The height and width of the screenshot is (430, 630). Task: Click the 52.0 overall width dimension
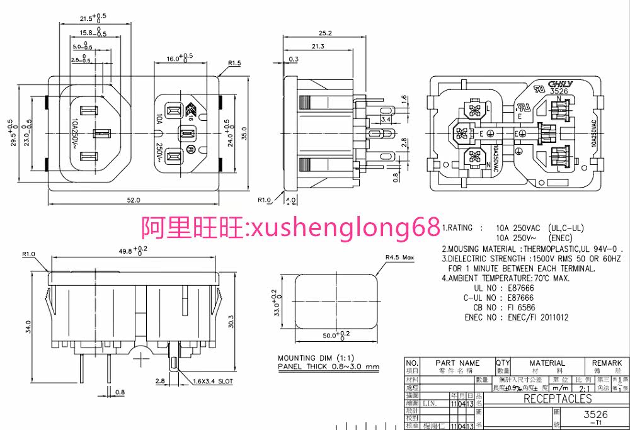point(134,200)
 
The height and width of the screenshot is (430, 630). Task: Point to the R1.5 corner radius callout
point(235,63)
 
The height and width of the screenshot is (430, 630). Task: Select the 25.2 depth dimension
point(325,33)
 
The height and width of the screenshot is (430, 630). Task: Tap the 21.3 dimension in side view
point(318,47)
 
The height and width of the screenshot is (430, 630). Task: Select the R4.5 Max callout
point(400,257)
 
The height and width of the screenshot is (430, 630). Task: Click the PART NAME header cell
point(457,363)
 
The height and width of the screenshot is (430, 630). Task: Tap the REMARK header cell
point(607,363)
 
